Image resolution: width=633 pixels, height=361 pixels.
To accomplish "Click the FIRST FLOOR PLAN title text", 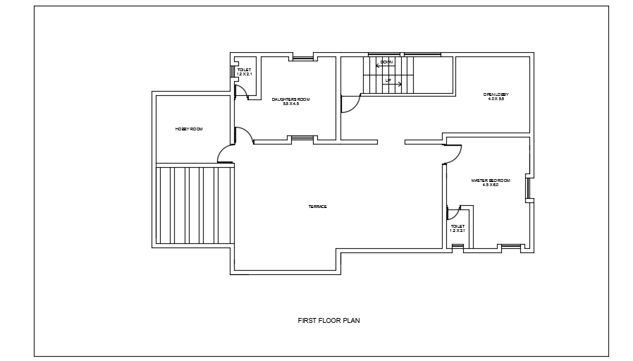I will click(x=329, y=320).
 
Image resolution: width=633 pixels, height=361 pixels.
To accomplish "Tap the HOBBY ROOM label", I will click(x=189, y=129).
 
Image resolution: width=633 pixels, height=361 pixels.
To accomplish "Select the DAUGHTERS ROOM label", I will click(x=290, y=99).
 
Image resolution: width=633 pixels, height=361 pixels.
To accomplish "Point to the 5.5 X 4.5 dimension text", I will click(x=290, y=104).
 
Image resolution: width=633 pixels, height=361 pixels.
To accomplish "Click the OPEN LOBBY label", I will click(x=496, y=94).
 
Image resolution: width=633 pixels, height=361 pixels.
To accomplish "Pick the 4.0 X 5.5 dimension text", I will click(x=496, y=99).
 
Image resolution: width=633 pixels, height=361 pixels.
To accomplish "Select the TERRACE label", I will click(x=317, y=207).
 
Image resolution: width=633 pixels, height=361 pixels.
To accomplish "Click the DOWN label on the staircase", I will click(x=386, y=63).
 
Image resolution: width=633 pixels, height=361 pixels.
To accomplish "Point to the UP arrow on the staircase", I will click(x=393, y=83).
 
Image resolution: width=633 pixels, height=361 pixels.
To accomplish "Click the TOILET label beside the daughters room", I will click(x=244, y=70).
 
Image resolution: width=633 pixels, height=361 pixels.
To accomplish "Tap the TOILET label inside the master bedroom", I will click(x=457, y=226).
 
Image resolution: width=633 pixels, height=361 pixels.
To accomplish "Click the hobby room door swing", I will click(x=226, y=154).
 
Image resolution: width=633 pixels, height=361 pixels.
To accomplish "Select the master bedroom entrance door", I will click(x=453, y=154).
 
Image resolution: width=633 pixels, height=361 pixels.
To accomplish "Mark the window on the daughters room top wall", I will click(x=303, y=58).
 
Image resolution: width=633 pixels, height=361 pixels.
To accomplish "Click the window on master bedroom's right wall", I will click(x=527, y=188).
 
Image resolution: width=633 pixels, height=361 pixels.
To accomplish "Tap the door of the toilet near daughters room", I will click(x=240, y=90).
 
